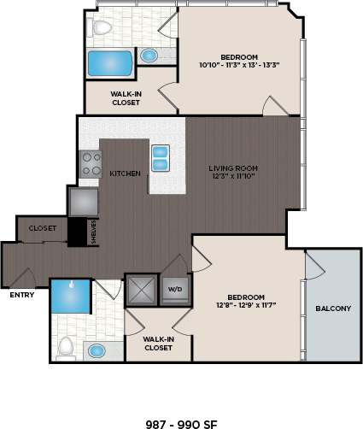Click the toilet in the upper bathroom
pyautogui.click(x=102, y=28)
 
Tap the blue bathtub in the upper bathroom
pyautogui.click(x=109, y=63)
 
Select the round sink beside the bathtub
pyautogui.click(x=149, y=56)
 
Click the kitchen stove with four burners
pyautogui.click(x=91, y=163)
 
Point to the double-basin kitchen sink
pyautogui.click(x=160, y=158)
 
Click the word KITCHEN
pyautogui.click(x=126, y=173)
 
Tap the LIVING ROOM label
pyautogui.click(x=233, y=168)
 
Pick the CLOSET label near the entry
pyautogui.click(x=43, y=229)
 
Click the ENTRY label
pyautogui.click(x=21, y=296)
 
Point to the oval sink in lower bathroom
pyautogui.click(x=97, y=350)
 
